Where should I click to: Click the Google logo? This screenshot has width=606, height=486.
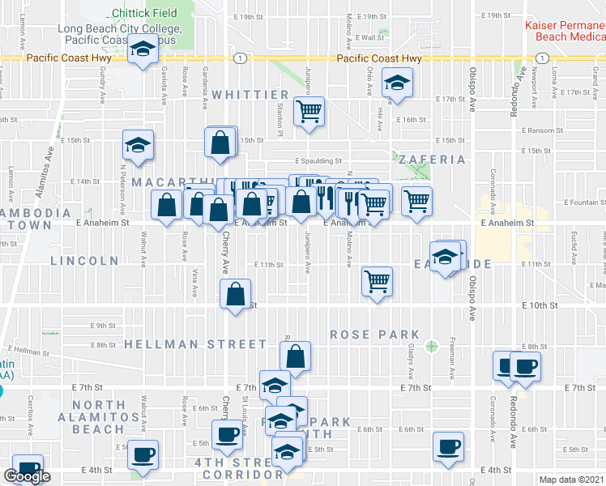pos(28,476)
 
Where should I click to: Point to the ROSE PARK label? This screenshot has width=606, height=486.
pos(375,335)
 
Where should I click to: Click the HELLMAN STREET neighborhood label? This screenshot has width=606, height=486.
pos(195,344)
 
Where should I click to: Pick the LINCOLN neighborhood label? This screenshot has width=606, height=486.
pos(85,261)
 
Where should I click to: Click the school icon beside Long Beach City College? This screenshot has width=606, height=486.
pos(143,51)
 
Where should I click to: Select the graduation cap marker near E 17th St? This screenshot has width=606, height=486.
pos(397,84)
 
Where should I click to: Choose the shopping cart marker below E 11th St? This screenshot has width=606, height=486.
pos(377,282)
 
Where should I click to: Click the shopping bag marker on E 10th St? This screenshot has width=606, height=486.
pos(235,294)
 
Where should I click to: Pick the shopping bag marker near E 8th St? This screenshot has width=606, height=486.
pos(295,355)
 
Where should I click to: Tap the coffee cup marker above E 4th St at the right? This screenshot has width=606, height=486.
pos(449,446)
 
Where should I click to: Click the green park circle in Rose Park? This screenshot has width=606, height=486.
pos(431,346)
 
